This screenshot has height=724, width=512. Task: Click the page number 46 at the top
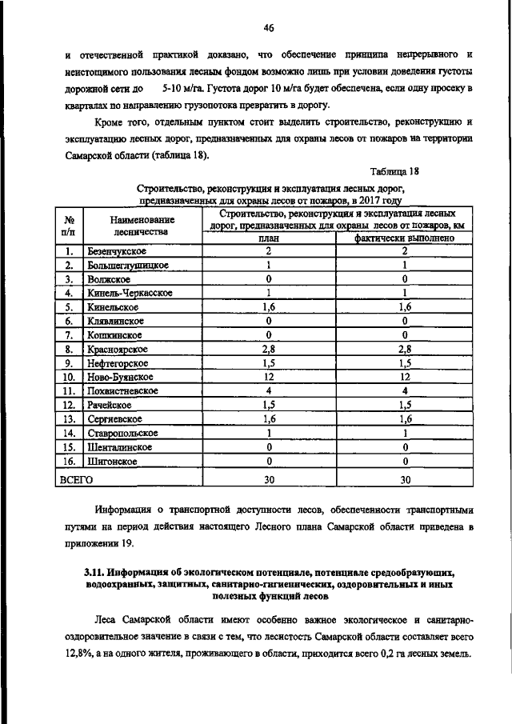268,28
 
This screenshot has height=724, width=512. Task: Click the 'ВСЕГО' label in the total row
77,479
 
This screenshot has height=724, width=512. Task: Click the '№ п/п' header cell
69,225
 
